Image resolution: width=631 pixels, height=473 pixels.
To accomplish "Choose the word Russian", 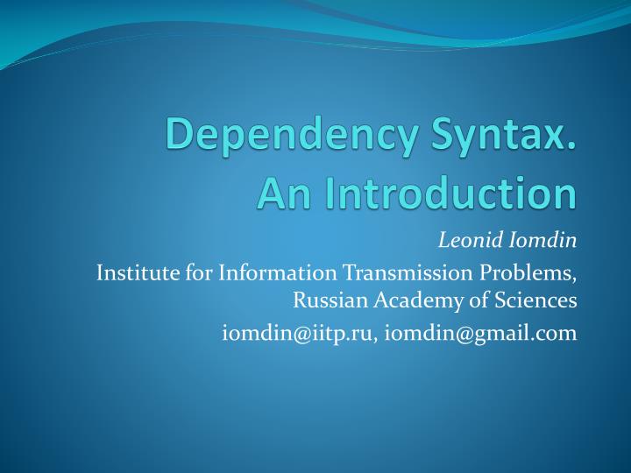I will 325,301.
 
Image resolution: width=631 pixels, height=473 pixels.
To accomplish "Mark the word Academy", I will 406,301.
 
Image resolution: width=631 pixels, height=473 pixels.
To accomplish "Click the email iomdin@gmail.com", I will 481,332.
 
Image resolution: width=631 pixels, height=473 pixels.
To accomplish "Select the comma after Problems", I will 575,279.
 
